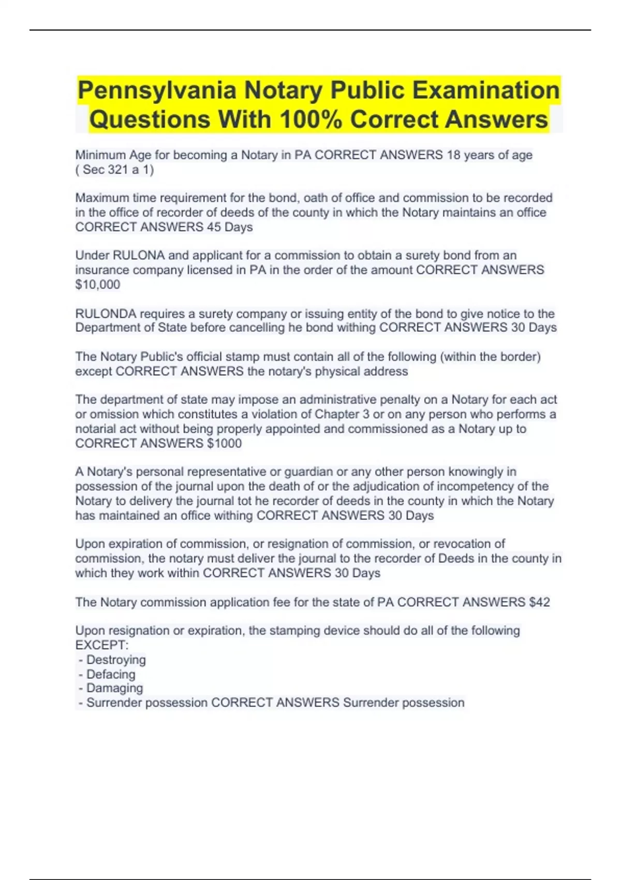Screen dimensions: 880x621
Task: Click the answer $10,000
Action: coord(98,285)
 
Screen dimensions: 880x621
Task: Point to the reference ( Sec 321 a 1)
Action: coord(114,170)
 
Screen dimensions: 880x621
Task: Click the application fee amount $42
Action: coord(539,602)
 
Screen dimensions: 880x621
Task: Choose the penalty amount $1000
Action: coord(224,444)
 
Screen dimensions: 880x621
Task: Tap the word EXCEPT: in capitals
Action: coord(102,645)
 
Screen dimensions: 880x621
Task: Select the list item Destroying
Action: coord(116,659)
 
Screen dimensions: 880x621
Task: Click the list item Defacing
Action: coord(111,674)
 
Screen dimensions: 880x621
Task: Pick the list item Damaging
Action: coord(114,688)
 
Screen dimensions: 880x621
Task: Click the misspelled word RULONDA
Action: coord(106,314)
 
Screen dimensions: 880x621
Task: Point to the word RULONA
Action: coord(139,255)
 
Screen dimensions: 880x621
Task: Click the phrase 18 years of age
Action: coord(490,155)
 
